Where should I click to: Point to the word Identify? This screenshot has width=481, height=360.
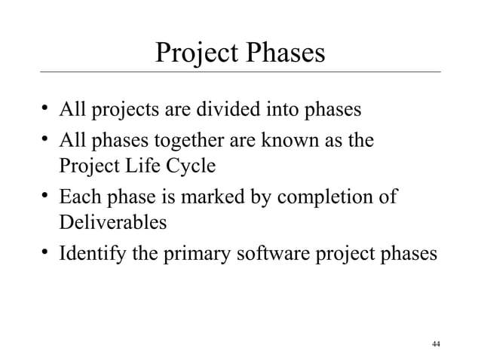tap(92, 255)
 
